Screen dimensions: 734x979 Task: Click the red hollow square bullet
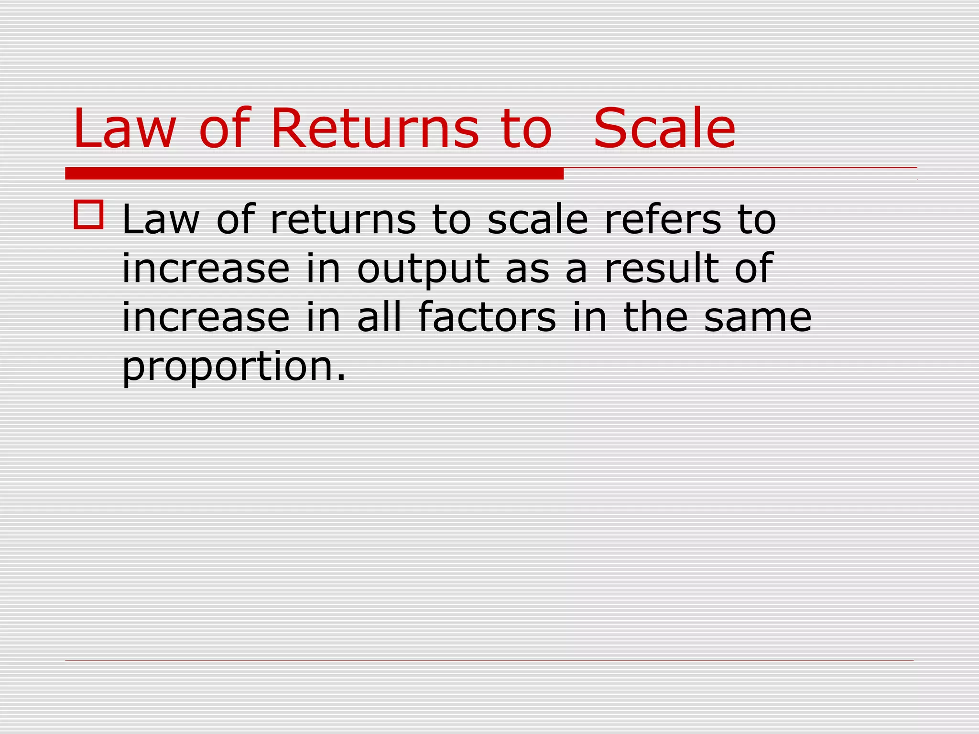tap(88, 215)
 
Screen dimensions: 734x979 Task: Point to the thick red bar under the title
tap(314, 173)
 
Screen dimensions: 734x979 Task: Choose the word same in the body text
tap(758, 317)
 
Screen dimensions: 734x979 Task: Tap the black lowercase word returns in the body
tap(343, 220)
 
